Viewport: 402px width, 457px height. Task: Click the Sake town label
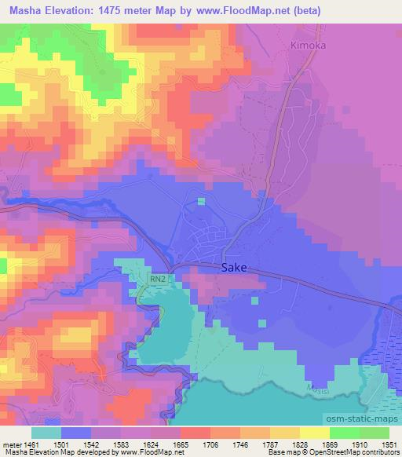click(235, 267)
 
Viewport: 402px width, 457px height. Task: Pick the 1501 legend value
click(75, 443)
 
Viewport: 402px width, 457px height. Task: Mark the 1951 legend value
click(389, 443)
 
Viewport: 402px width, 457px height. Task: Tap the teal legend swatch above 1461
click(46, 433)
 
